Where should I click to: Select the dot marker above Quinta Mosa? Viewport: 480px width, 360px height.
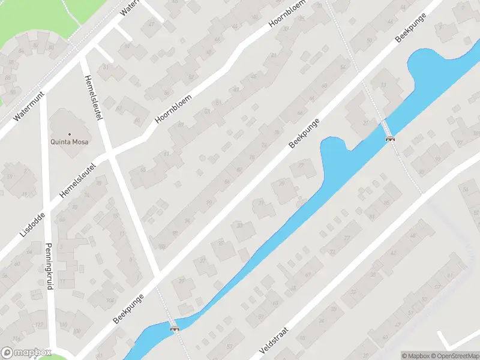tap(70, 134)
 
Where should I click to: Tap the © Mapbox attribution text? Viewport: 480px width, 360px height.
tap(416, 355)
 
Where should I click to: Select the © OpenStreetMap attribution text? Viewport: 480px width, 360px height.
tap(455, 355)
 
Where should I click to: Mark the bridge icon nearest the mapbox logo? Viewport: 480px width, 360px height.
tap(175, 328)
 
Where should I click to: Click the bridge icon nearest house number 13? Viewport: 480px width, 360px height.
tap(390, 139)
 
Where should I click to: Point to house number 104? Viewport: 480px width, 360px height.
tap(93, 300)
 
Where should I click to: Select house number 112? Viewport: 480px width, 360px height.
tap(40, 325)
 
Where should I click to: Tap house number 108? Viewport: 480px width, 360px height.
tap(77, 331)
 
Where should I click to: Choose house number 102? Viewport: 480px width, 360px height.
tap(161, 246)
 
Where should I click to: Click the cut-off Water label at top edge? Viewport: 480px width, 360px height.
tap(129, 7)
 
